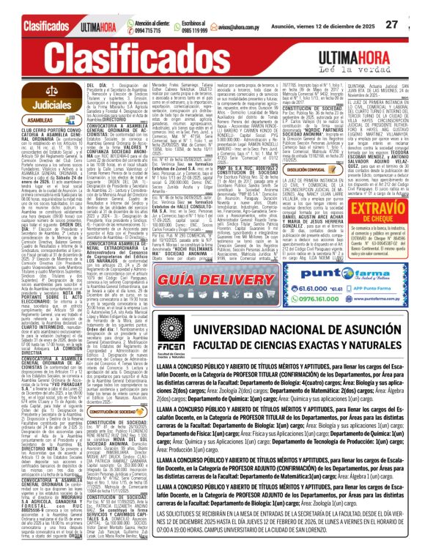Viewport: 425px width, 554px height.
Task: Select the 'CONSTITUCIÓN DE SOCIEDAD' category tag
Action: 111,433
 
